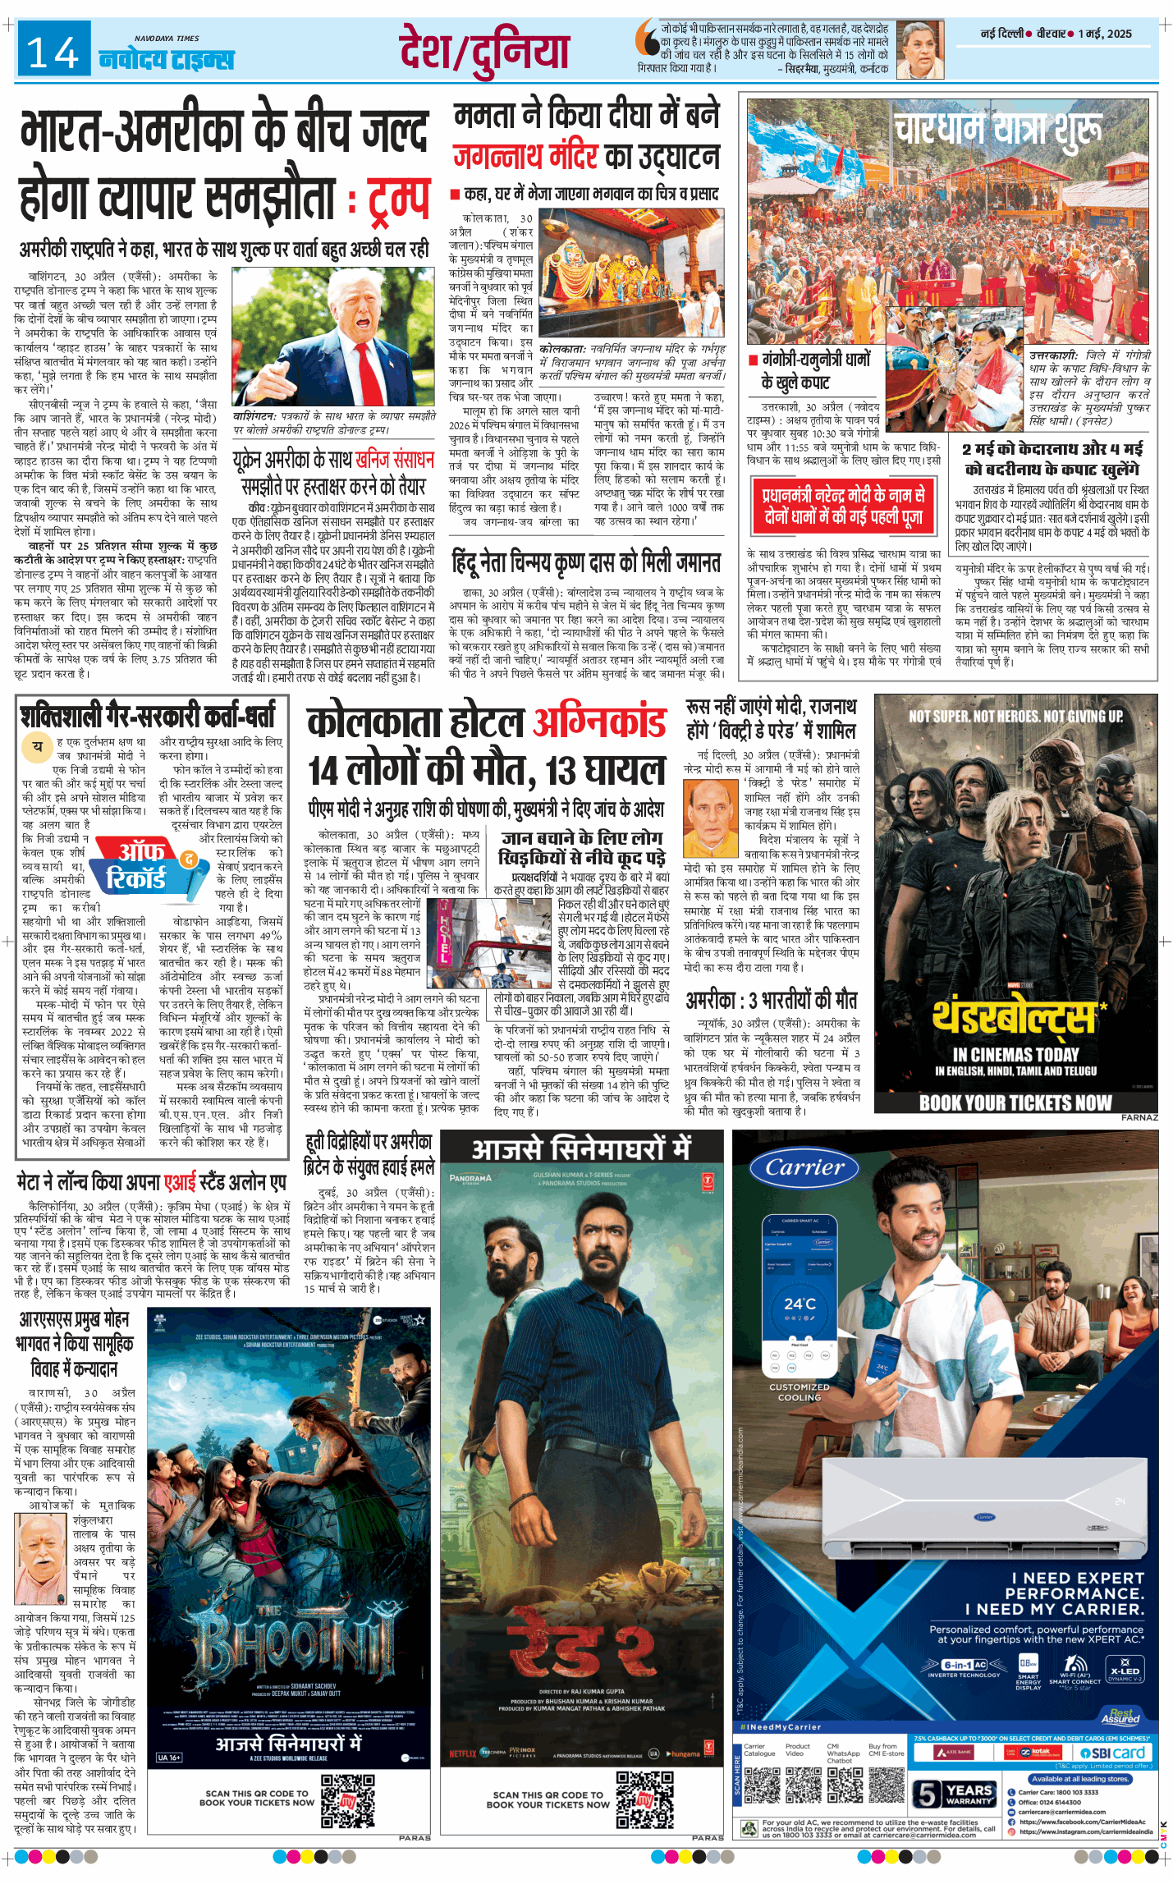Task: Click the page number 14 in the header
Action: coord(53,53)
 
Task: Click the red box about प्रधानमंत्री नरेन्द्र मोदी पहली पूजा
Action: coord(843,505)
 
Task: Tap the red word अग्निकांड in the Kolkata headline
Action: coord(599,723)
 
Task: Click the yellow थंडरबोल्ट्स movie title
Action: coord(1015,1019)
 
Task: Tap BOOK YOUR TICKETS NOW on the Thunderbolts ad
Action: coord(1015,1102)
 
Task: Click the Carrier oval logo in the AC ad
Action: coord(804,1168)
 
